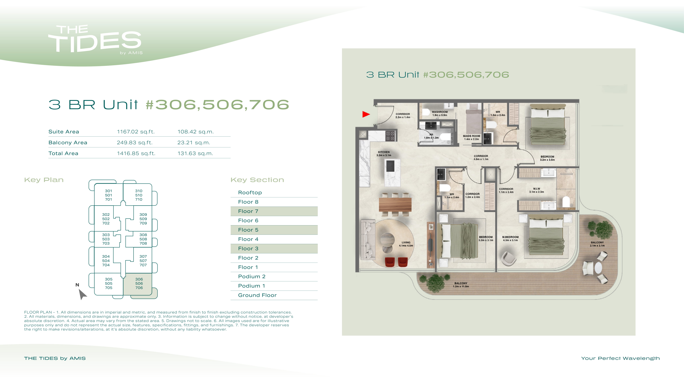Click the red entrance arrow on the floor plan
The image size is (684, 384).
click(x=366, y=114)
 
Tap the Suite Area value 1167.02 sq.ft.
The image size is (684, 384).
click(x=136, y=132)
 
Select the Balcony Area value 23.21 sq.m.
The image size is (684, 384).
click(x=194, y=142)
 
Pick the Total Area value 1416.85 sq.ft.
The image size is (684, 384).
click(x=136, y=153)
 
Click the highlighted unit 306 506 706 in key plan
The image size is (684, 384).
click(x=139, y=283)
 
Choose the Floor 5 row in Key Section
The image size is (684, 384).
click(x=274, y=230)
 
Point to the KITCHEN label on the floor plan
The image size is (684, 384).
click(x=384, y=152)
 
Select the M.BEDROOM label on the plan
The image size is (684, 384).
click(x=510, y=237)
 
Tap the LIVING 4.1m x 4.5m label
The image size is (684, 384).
click(x=406, y=244)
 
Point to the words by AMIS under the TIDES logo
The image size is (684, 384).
click(x=131, y=53)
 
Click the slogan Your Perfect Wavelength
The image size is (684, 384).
click(x=620, y=358)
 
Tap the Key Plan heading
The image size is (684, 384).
click(x=44, y=180)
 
